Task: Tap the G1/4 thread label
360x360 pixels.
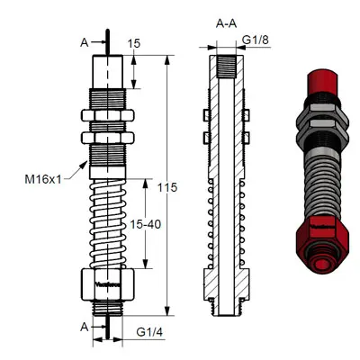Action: point(150,332)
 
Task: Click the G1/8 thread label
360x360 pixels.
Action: point(257,40)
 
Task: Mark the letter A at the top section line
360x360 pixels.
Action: point(85,40)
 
